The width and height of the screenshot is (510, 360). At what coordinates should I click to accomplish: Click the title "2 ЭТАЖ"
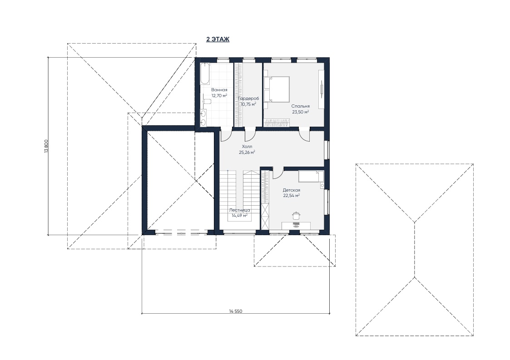tap(218, 39)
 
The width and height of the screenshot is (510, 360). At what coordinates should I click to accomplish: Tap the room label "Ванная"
tap(219, 90)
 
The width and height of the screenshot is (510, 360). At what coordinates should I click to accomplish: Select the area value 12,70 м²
tap(219, 96)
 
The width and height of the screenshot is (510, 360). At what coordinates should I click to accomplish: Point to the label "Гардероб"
tap(248, 99)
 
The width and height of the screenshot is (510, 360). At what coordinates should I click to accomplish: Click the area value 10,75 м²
tap(248, 104)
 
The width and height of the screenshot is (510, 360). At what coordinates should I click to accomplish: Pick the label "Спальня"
tap(301, 106)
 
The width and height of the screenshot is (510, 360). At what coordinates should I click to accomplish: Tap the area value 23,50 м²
tap(301, 112)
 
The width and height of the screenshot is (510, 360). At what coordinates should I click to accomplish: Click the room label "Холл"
tap(247, 146)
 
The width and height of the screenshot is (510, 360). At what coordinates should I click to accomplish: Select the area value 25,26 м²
tap(247, 152)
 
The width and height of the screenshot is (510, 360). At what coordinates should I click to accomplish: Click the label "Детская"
tap(292, 190)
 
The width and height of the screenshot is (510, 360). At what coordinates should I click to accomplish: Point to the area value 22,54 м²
tap(292, 196)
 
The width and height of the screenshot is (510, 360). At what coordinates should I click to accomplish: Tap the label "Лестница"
tap(240, 210)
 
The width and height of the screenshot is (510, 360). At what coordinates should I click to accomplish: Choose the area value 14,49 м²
tap(240, 215)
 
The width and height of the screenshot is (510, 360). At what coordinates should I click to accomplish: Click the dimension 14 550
tap(236, 311)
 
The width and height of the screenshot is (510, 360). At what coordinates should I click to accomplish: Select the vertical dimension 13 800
tap(46, 146)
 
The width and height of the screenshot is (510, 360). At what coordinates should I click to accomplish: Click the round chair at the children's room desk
tap(296, 215)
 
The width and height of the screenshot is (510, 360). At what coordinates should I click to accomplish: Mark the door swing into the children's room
tap(277, 174)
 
